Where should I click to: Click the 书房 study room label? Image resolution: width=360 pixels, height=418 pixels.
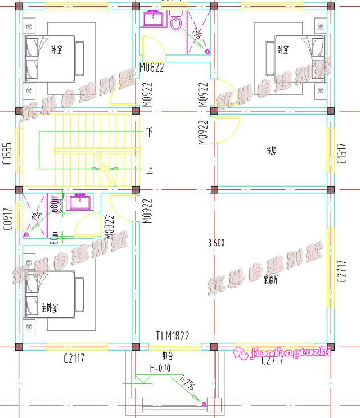pos(271,151)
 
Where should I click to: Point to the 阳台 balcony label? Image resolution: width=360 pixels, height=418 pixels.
pos(168,355)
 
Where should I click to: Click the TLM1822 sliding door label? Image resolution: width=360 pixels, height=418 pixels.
pos(172,336)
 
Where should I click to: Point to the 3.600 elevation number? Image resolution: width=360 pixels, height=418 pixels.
pos(216,243)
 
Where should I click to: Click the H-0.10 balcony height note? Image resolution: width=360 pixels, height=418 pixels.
pos(161,368)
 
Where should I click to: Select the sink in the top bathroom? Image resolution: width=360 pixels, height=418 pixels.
pos(152,19)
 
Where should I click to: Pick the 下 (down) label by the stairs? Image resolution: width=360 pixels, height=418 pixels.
pos(150,133)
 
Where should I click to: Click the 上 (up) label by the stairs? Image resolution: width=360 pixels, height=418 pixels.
pos(150,169)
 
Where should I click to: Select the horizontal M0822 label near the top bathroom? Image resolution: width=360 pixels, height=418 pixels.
pos(151,68)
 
